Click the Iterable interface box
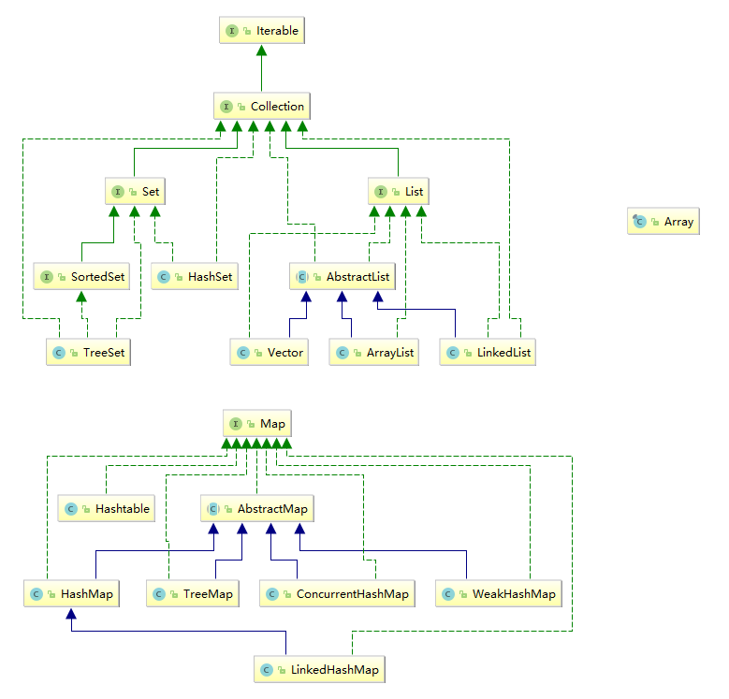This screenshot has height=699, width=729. click(262, 31)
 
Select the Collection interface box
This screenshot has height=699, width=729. click(262, 107)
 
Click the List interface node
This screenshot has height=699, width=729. click(400, 192)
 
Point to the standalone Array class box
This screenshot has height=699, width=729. click(663, 222)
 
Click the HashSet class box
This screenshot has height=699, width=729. click(196, 277)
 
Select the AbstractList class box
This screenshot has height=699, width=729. click(343, 277)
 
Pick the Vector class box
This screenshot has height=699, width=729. click(270, 353)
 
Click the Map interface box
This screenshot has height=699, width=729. click(257, 424)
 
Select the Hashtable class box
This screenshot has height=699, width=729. click(108, 508)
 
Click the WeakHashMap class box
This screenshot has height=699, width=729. click(499, 594)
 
